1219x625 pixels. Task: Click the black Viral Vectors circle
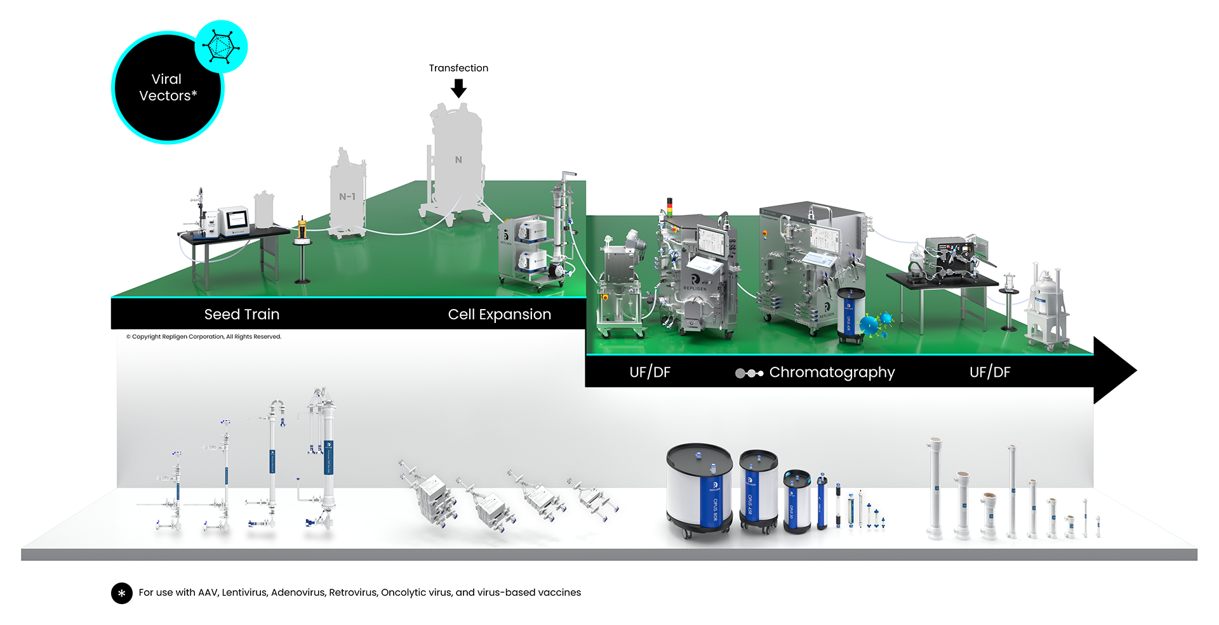(166, 89)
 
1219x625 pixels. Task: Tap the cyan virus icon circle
(221, 46)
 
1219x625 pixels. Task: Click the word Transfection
(458, 68)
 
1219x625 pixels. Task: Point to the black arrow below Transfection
(458, 88)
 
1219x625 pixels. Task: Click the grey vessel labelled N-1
(347, 194)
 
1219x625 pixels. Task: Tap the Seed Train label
(242, 314)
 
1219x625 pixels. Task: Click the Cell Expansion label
(499, 314)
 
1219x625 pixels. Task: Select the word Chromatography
(832, 372)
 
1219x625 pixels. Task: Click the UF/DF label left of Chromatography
(649, 372)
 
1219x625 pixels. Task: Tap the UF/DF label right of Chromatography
(989, 372)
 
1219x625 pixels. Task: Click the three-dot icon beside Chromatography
(749, 373)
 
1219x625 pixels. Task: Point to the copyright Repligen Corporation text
(204, 337)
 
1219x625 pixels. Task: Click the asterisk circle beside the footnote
(122, 593)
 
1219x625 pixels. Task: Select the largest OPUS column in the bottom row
(700, 488)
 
